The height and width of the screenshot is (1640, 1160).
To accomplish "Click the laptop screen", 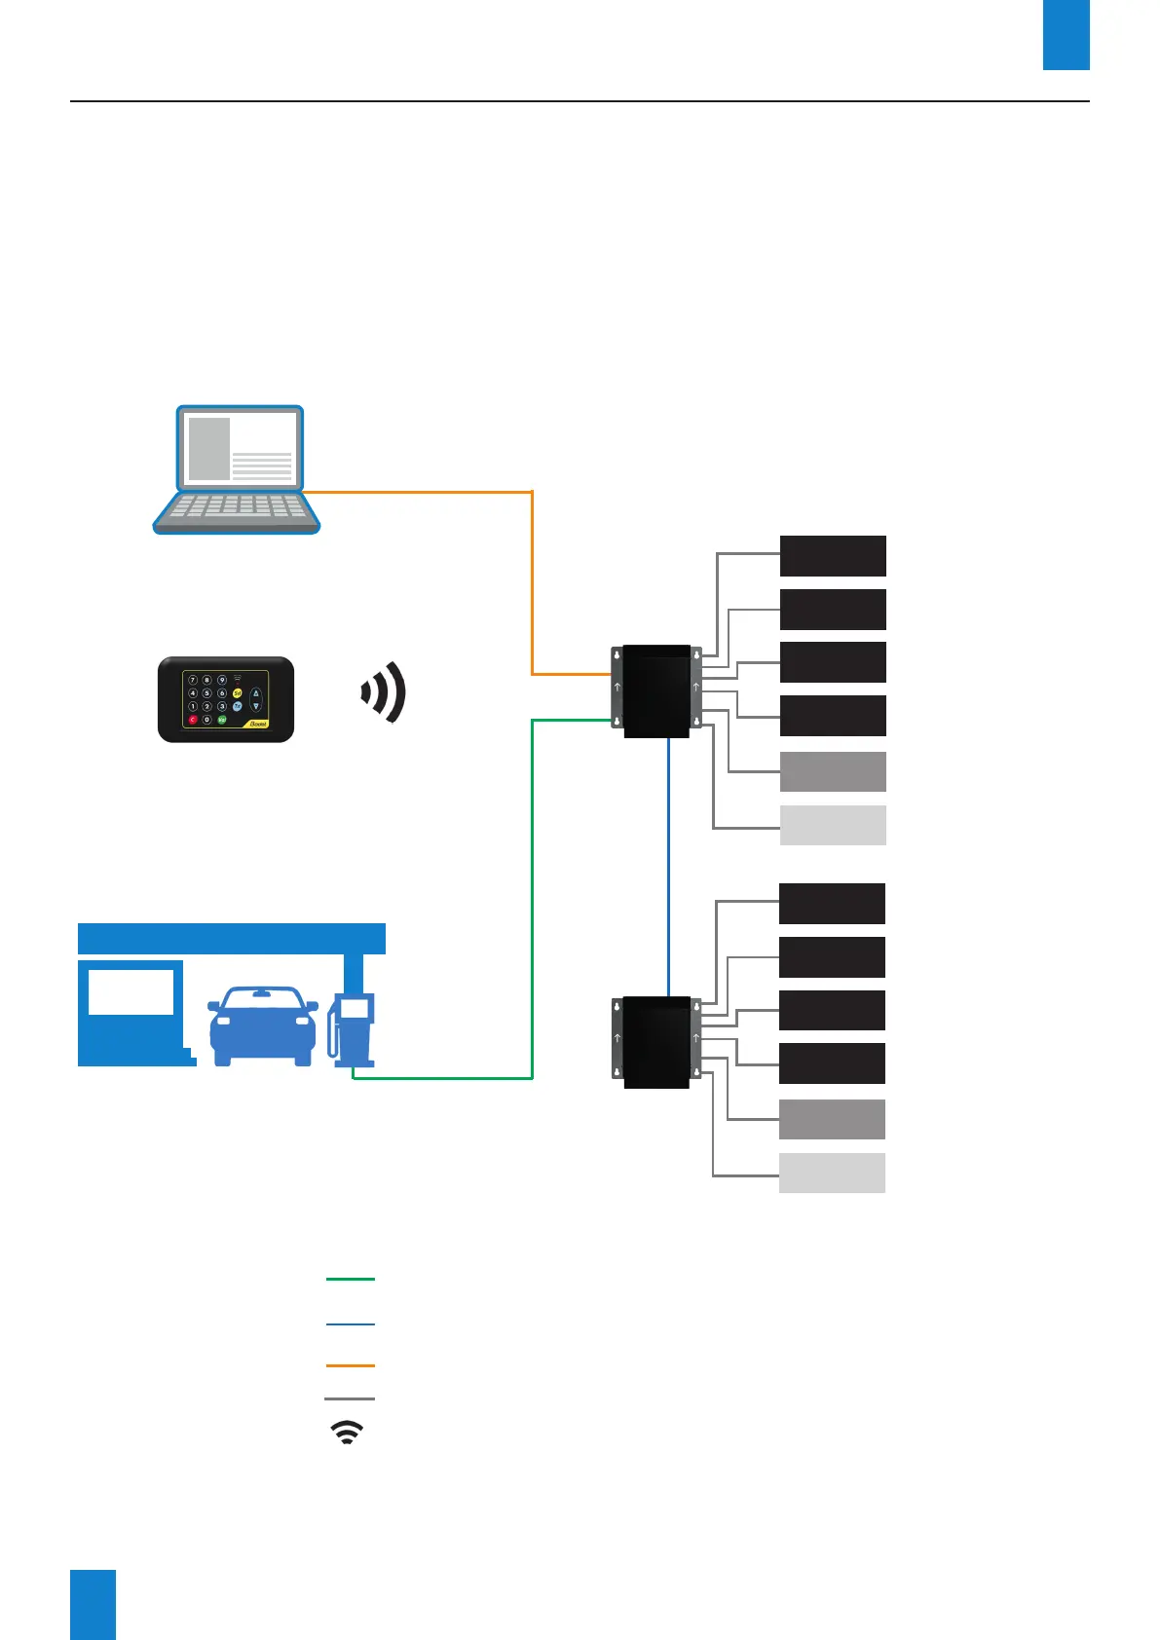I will click(x=240, y=449).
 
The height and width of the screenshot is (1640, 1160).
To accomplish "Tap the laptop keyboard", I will click(x=237, y=507).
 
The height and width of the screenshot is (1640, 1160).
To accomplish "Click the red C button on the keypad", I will click(x=193, y=720).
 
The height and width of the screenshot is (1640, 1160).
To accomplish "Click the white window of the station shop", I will click(x=131, y=991).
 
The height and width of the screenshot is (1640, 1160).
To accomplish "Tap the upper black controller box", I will click(x=655, y=690).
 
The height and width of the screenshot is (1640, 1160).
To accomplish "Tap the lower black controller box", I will click(x=655, y=1041).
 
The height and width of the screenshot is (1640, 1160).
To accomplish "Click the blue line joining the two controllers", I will click(x=669, y=867).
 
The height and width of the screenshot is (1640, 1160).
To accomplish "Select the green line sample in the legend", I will click(x=350, y=1279).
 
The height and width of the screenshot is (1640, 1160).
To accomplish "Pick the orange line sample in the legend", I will click(x=350, y=1365).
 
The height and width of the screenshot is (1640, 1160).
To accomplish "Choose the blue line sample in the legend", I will click(x=350, y=1324).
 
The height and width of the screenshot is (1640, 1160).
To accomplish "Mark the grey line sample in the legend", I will click(x=350, y=1399).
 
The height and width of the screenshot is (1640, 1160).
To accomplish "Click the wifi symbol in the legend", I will click(x=348, y=1432).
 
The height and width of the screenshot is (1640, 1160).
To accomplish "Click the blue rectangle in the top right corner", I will click(x=1066, y=35).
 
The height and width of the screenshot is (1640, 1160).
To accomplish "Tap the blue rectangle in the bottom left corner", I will click(x=93, y=1604).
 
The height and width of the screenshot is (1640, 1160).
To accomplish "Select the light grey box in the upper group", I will click(x=833, y=825).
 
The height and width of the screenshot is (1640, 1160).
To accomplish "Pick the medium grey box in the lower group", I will click(x=832, y=1119).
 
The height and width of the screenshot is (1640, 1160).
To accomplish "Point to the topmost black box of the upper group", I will click(x=833, y=556).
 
